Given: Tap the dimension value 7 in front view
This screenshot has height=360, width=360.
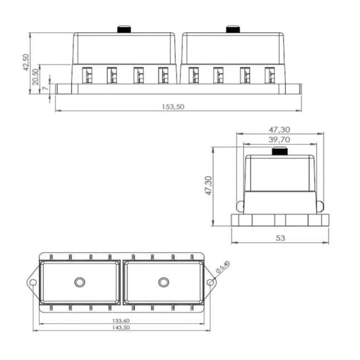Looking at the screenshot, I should (46, 88).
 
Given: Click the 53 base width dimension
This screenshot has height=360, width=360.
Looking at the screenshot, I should (280, 238).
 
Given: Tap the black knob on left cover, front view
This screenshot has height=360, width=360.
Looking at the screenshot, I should (124, 29).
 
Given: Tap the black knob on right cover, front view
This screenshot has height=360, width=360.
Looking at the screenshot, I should (233, 29).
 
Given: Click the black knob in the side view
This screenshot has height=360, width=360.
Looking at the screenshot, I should (279, 152).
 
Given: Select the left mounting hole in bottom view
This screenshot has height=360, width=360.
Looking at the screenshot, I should (33, 282).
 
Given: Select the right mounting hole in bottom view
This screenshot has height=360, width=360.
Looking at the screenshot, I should (211, 282).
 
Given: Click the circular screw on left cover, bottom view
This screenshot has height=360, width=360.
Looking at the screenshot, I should (79, 282).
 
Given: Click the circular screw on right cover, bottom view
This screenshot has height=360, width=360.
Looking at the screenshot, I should (163, 282).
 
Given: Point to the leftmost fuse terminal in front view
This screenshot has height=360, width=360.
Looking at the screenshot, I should (86, 75).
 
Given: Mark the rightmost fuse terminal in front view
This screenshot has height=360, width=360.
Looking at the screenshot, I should (270, 75).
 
